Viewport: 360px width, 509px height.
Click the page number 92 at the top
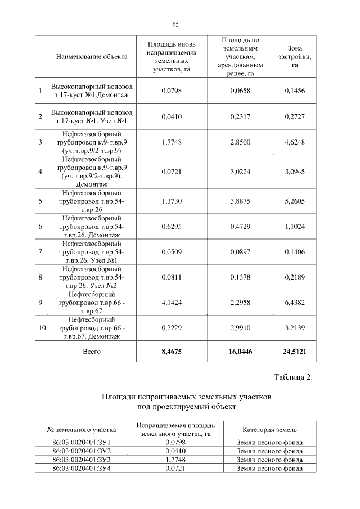(x=175, y=25)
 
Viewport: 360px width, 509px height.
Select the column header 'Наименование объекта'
(x=92, y=57)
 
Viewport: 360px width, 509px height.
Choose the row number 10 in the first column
(x=41, y=328)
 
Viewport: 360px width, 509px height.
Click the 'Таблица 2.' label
(x=293, y=377)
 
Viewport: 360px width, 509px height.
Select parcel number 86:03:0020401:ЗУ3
(x=82, y=460)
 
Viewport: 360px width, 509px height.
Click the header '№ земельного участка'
(x=82, y=430)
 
